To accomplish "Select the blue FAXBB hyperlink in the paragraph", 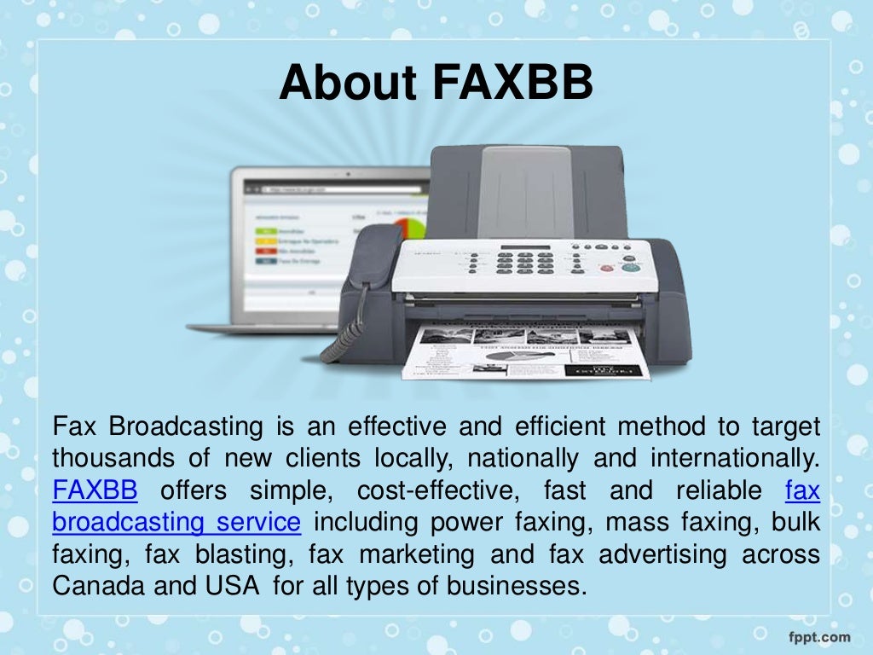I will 95,491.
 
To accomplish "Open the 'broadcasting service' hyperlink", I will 176,523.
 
